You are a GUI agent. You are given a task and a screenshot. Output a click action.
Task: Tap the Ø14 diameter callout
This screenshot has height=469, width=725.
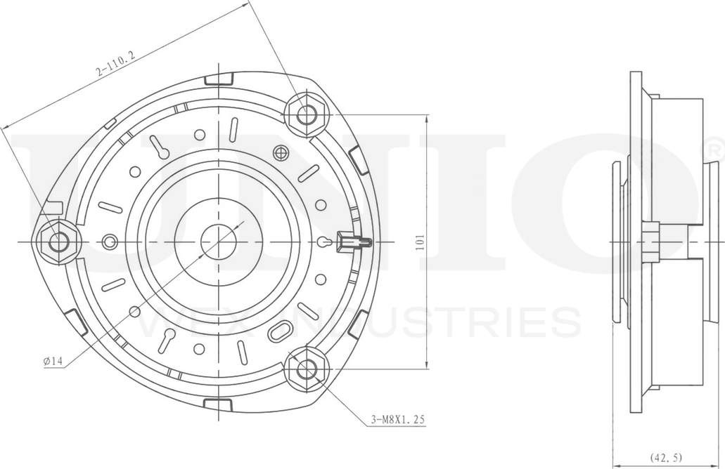pyautogui.click(x=53, y=361)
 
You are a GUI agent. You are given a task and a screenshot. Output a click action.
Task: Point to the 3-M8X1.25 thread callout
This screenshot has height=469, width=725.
pyautogui.click(x=398, y=420)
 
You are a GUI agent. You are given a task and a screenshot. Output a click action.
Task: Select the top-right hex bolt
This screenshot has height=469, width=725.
pyautogui.click(x=306, y=113)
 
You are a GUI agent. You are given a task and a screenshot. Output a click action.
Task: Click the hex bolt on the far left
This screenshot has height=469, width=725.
pyautogui.click(x=59, y=242)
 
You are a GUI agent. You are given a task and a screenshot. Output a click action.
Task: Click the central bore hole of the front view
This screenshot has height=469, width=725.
pyautogui.click(x=218, y=242)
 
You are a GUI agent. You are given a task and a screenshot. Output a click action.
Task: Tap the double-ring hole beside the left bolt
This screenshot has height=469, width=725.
pyautogui.click(x=109, y=242)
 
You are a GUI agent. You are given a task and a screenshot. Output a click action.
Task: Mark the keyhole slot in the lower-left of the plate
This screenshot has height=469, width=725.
pyautogui.click(x=167, y=340)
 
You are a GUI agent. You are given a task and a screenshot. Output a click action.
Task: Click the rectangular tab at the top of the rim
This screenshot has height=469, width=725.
pyautogui.click(x=218, y=78)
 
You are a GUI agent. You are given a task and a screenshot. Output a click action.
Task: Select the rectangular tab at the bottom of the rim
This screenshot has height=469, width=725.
pyautogui.click(x=218, y=405)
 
